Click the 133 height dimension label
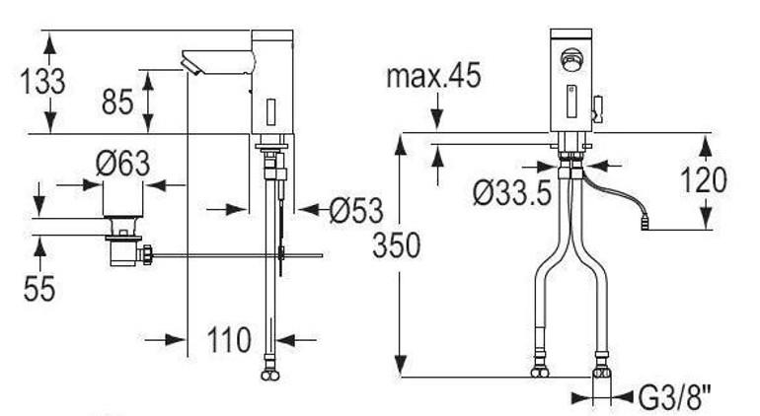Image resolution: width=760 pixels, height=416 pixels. pos(42,82)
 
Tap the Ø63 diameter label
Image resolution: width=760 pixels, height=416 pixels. pos(123,165)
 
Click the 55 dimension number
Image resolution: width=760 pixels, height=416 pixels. pos(39,288)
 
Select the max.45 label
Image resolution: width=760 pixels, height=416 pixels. pos(433,77)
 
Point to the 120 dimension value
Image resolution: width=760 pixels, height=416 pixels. pos(703,180)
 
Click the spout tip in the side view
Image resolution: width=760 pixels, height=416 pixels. pos(189,66)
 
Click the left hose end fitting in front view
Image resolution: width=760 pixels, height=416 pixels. pos(539,373)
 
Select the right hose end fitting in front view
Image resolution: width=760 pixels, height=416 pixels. pos(599,373)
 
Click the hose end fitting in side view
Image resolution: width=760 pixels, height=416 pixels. pos(268,373)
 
